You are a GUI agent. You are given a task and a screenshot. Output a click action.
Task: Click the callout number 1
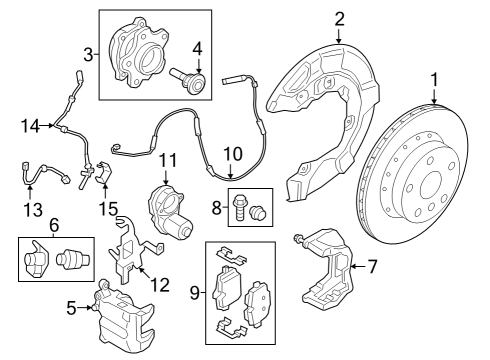(x=434, y=78)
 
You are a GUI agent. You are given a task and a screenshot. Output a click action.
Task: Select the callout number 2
(x=339, y=17)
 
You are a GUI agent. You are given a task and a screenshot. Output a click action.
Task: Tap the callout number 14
(x=30, y=125)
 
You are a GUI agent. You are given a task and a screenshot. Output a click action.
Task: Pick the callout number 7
(x=373, y=266)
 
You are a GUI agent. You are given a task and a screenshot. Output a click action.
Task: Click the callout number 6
(x=54, y=227)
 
